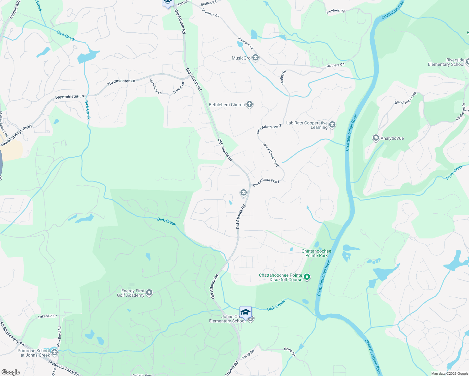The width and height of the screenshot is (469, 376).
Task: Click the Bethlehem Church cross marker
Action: pos(250,104)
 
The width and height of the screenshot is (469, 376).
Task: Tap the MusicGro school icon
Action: pos(256,58)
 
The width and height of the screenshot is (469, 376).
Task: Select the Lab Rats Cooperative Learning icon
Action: pos(332,125)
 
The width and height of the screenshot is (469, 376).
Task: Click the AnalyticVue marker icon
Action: pos(376,138)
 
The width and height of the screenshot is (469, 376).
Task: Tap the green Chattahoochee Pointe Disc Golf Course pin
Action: pos(307,277)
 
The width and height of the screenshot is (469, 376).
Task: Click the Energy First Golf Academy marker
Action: pos(149,293)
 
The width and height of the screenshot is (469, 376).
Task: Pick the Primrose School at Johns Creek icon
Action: pos(54,352)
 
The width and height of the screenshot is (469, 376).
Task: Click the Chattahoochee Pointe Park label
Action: pos(316,253)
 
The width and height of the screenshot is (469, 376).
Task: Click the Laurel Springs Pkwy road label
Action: pos(16,135)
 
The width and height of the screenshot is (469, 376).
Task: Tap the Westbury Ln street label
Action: pos(155,86)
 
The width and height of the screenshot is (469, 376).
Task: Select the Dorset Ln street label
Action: pos(179,88)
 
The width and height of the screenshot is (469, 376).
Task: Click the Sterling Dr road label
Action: pos(283,77)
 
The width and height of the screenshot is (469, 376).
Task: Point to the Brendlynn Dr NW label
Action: pos(406,98)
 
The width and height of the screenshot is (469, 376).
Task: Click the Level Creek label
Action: pos(454,172)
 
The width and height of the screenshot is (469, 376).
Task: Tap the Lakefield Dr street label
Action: pos(47,316)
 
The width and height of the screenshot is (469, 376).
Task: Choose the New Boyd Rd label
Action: pos(59,337)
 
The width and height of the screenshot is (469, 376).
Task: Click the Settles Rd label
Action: pos(208,3)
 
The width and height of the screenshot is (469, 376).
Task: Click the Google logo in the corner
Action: pos(10,372)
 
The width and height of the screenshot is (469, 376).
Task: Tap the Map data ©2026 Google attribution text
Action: pos(450,373)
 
